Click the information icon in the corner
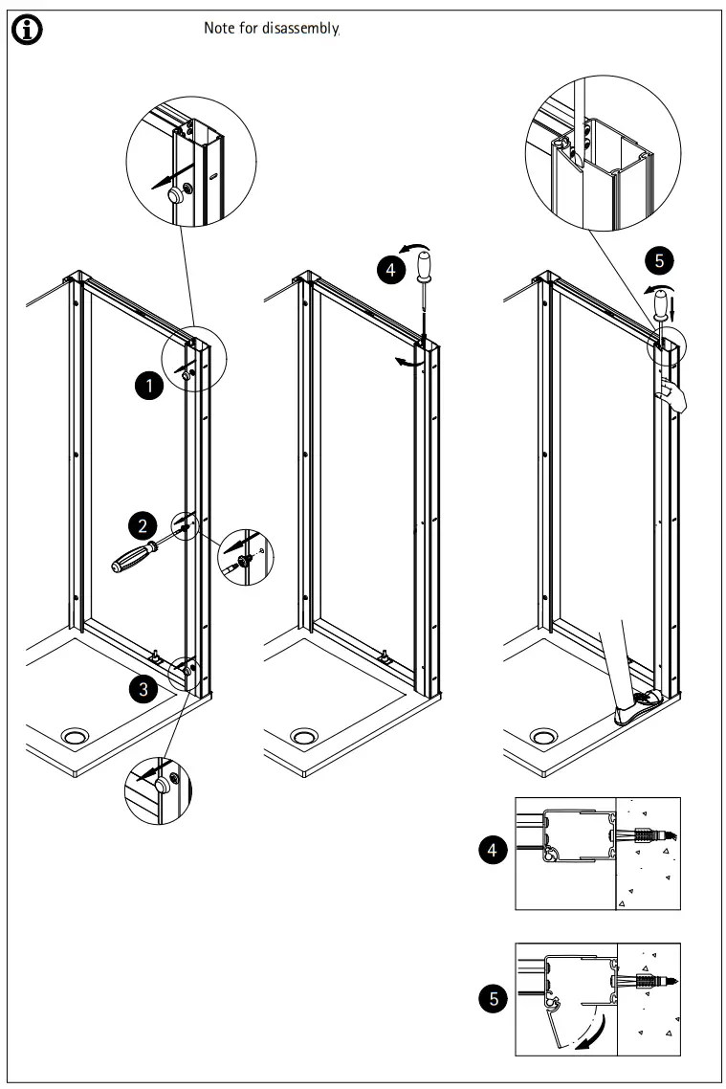click(x=27, y=30)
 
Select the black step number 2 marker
click(x=143, y=524)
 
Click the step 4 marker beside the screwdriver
click(x=389, y=271)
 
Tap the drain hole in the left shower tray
click(x=73, y=736)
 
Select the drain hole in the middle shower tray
click(x=305, y=736)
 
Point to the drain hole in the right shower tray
click(x=544, y=736)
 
